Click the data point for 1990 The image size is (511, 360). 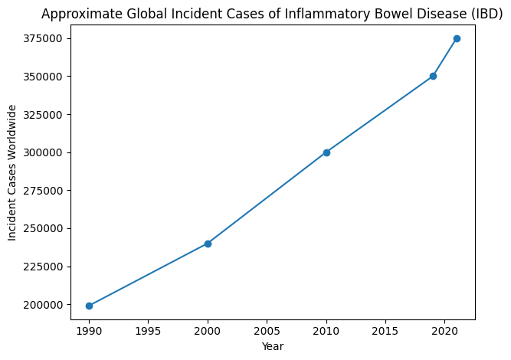tap(89, 306)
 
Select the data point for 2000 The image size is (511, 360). tap(208, 244)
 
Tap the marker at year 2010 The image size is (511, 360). tap(326, 152)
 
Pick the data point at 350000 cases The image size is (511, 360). tap(433, 77)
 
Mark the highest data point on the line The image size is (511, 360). tap(457, 38)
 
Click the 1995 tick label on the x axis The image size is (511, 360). tap(148, 331)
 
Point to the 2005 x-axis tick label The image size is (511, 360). tap(267, 331)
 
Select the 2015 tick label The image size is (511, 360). tap(385, 331)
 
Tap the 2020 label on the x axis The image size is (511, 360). tap(444, 331)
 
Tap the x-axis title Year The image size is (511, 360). tap(272, 346)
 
